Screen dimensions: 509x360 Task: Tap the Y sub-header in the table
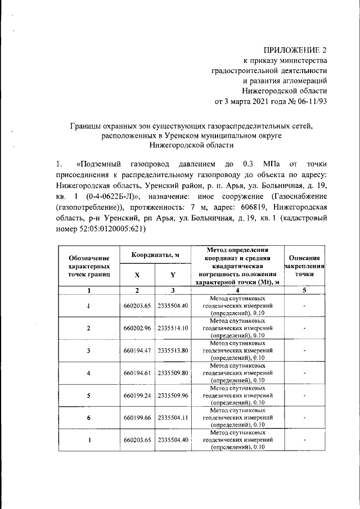[173, 275]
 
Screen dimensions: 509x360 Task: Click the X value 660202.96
[137, 327]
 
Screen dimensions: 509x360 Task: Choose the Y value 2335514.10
[173, 327]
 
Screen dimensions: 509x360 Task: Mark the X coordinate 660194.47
[137, 350]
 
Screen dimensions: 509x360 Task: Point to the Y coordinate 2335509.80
[173, 372]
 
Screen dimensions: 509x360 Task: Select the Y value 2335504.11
[173, 417]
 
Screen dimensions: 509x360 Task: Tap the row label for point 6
[88, 417]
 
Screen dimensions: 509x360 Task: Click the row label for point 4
[88, 372]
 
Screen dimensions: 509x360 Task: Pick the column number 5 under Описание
[304, 290]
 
